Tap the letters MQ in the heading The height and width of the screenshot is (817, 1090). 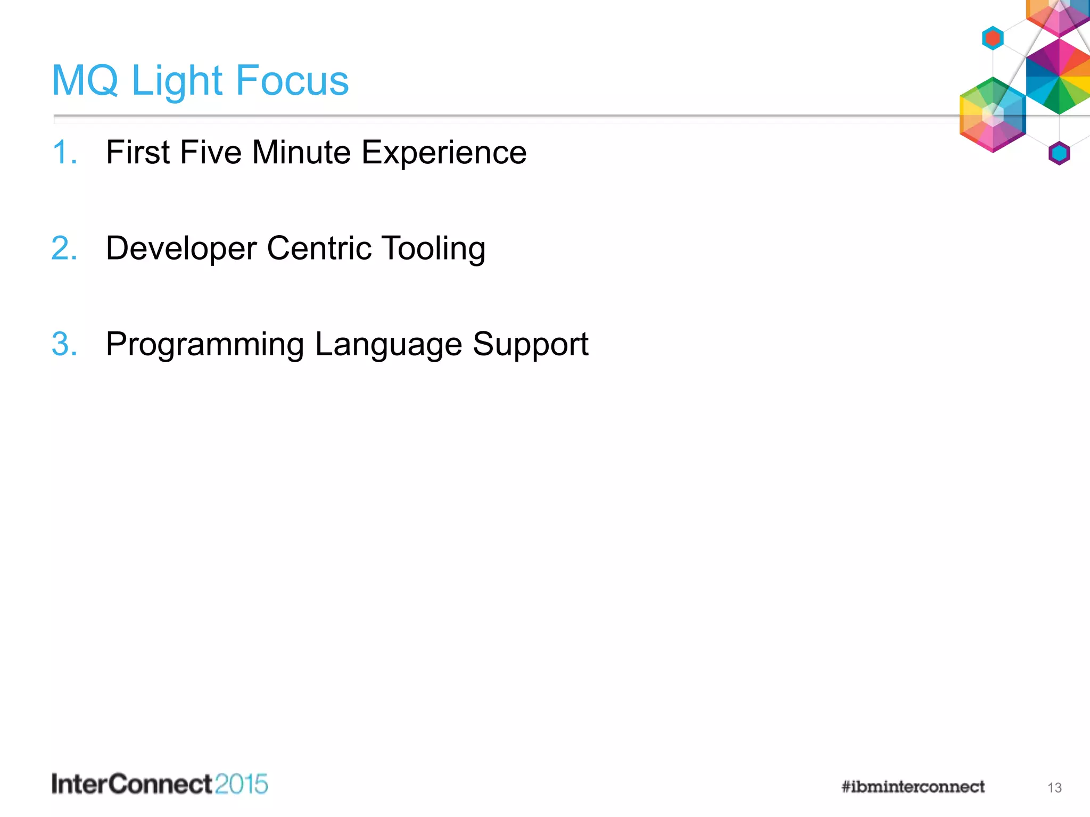pos(85,81)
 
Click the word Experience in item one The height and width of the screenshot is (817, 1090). pos(444,153)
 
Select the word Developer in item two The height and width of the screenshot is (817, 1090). pos(181,249)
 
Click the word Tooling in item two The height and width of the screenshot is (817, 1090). pos(433,249)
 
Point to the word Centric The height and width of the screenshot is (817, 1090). pos(319,248)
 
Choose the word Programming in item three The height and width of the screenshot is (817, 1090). pos(205,345)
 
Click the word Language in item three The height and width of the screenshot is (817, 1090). pos(389,345)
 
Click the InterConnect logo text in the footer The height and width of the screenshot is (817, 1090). pos(132,785)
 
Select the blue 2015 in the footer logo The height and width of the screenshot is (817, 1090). pos(242,785)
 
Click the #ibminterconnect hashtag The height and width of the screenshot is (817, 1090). pos(913,787)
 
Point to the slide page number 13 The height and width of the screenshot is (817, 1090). pos(1054,788)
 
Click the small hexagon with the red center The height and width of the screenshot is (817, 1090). pos(993,38)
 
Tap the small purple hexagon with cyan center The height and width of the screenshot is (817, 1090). pos(1059,154)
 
